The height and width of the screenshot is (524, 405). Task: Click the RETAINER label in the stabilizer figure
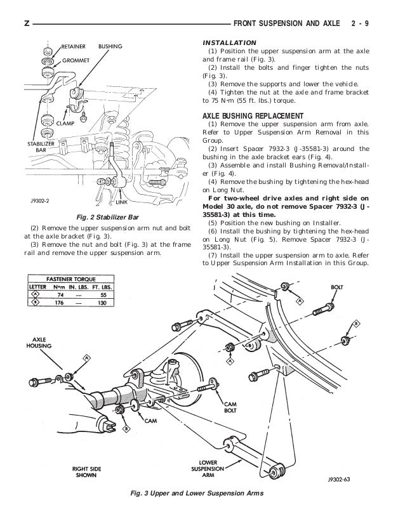(75, 46)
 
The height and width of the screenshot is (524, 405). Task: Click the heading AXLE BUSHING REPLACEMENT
(253, 117)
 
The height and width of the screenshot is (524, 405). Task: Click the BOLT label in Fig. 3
(336, 287)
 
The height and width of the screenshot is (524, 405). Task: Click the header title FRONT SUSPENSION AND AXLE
(284, 23)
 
